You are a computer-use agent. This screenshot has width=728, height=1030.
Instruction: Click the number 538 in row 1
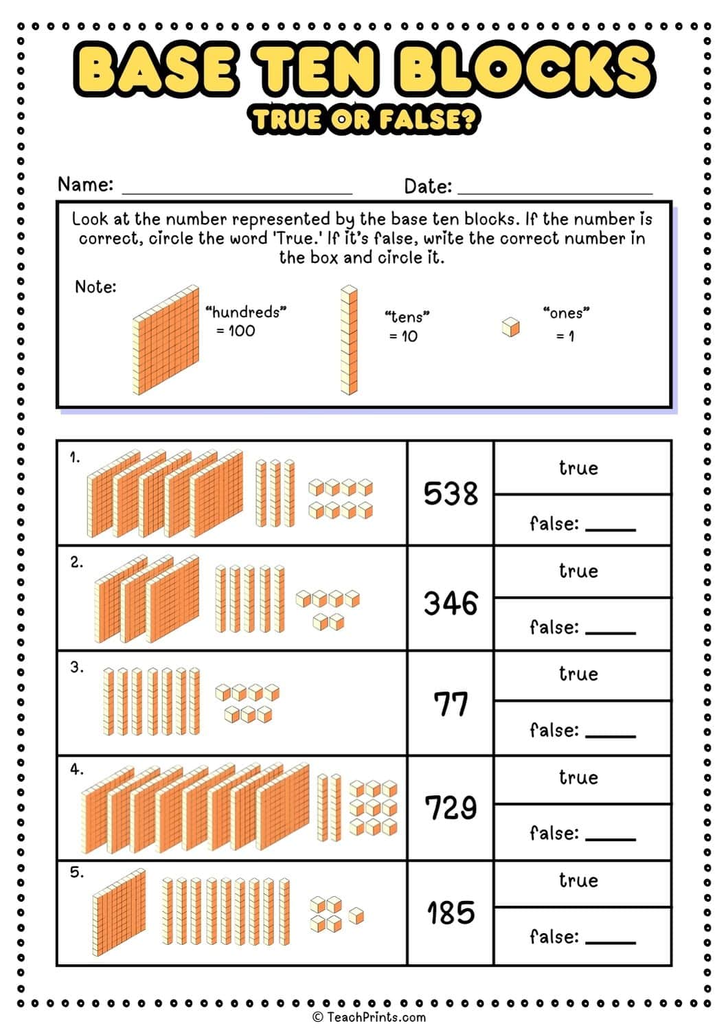[451, 494]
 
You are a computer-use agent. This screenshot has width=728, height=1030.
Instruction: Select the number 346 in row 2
[451, 604]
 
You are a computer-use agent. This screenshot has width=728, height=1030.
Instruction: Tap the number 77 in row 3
[451, 705]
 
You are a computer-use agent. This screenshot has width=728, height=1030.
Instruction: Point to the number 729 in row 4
[451, 808]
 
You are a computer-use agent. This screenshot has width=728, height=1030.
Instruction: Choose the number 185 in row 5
[451, 913]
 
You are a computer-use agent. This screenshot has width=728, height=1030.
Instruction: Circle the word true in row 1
[578, 468]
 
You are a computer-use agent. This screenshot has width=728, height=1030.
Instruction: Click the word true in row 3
[578, 674]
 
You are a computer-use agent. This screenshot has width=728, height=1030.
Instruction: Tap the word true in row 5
[578, 881]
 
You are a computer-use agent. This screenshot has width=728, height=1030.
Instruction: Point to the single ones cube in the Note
[510, 327]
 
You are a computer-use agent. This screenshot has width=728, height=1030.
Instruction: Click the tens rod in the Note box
[349, 340]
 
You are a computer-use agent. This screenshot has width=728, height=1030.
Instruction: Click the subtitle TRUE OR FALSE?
[364, 120]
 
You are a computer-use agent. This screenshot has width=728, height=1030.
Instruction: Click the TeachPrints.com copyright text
[369, 1017]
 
